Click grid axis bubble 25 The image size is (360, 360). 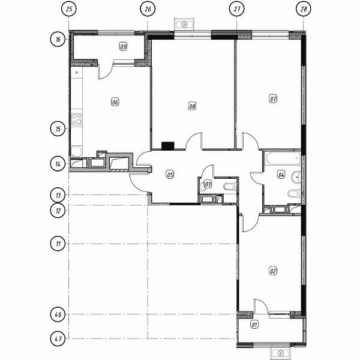69,9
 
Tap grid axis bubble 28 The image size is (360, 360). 304,9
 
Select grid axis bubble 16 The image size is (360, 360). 58,39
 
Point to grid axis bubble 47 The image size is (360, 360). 58,338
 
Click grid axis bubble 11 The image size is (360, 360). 58,244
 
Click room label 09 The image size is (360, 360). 123,47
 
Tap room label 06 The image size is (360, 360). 115,102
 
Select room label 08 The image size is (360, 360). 193,106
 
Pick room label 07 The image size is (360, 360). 273,99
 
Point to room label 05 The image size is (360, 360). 170,175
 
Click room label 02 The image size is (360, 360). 273,271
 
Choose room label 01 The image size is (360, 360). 254,325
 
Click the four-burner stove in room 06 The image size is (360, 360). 77,119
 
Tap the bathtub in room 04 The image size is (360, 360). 283,158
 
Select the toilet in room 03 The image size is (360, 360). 230,186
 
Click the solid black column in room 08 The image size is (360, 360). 168,146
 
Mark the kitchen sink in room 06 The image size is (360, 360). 76,151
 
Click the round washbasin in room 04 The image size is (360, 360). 296,177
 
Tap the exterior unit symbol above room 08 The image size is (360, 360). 184,24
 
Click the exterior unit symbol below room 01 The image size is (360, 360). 280,353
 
